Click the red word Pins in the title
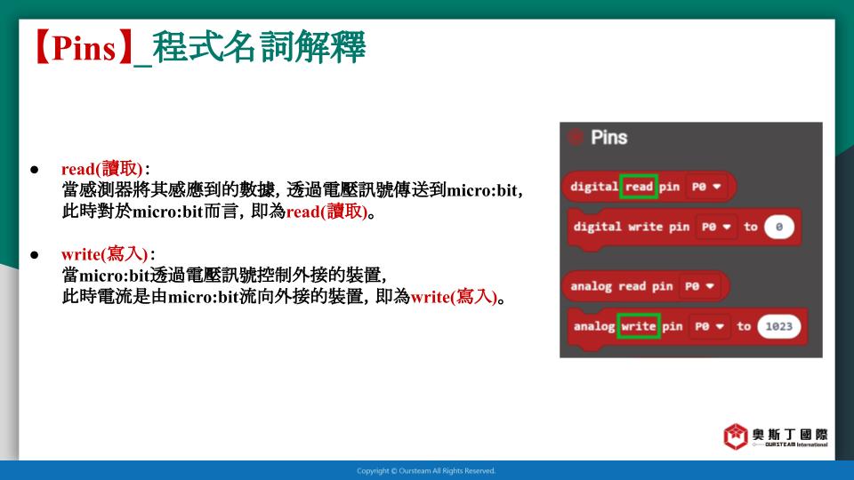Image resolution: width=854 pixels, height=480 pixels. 84,48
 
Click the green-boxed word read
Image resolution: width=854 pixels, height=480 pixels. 639,187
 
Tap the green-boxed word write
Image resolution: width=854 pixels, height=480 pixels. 639,326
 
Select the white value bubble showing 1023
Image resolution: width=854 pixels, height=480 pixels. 779,326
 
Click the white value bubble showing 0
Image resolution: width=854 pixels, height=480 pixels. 779,227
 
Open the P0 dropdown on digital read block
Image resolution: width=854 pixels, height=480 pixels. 705,187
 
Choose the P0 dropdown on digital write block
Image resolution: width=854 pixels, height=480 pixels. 715,227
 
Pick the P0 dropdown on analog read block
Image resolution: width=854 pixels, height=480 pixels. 699,286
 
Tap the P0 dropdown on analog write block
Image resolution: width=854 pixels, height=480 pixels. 709,326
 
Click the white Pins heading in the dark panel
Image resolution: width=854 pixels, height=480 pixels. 608,137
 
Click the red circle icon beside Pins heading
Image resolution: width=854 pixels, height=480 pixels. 576,137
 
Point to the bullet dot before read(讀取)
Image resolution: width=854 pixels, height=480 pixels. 35,170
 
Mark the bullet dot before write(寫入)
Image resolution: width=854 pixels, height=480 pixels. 35,255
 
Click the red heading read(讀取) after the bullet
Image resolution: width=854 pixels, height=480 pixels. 101,169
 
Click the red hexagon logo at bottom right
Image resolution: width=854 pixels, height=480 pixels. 736,436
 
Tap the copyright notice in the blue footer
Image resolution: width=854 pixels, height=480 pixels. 426,471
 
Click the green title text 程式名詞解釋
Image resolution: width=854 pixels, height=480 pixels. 259,48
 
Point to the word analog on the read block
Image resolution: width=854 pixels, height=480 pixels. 591,286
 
